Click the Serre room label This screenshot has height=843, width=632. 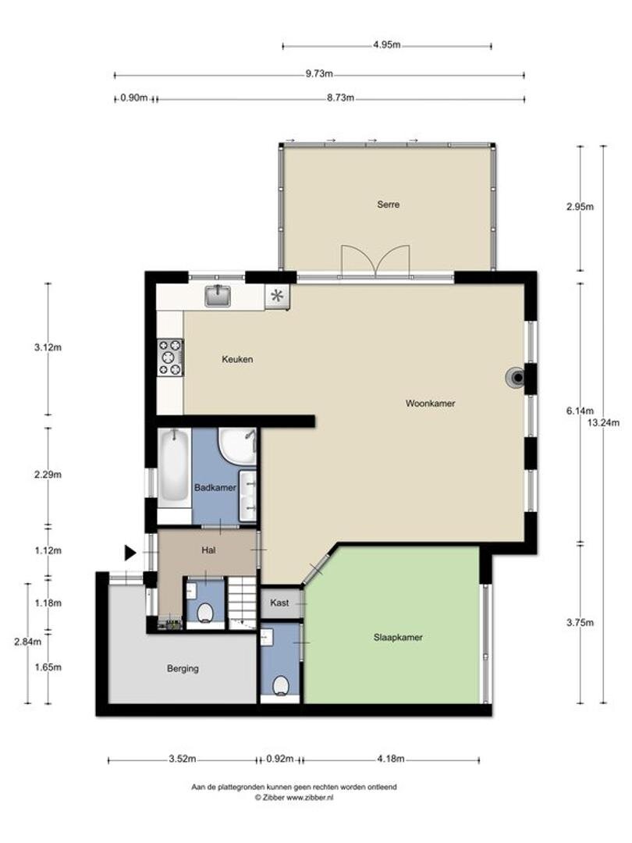click(x=388, y=205)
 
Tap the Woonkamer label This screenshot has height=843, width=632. click(x=431, y=404)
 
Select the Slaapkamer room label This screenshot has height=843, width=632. click(x=398, y=637)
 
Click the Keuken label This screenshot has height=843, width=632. click(x=237, y=359)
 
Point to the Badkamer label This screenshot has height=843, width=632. click(x=215, y=488)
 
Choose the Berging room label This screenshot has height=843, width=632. click(x=183, y=668)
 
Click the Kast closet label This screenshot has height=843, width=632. click(x=279, y=603)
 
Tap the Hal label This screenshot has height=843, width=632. click(x=208, y=550)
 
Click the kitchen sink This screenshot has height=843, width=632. click(x=218, y=296)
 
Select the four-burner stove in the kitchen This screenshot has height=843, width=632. click(x=170, y=357)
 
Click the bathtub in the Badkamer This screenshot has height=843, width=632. click(x=173, y=468)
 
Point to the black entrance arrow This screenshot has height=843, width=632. click(x=130, y=553)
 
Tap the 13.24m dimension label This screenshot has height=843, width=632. click(x=603, y=422)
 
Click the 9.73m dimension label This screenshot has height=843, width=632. click(x=319, y=74)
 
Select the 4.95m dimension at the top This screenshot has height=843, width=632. click(x=387, y=45)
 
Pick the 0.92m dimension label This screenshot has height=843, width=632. click(x=280, y=759)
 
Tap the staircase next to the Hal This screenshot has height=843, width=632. click(x=242, y=602)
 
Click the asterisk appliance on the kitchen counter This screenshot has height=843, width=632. click(x=277, y=297)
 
